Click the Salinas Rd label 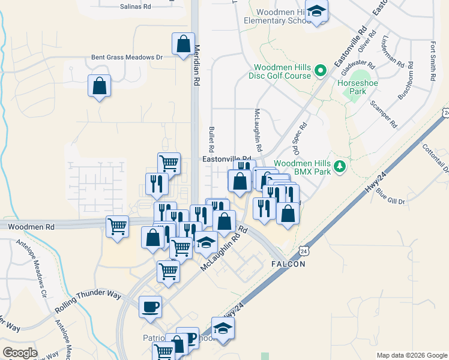(x=135, y=6)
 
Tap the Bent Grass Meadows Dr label (x=127, y=58)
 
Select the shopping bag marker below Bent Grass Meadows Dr (x=99, y=85)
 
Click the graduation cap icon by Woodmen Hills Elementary (x=316, y=11)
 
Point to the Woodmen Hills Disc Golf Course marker (x=321, y=71)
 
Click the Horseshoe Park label (x=353, y=87)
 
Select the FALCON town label (x=289, y=264)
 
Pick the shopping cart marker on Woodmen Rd (x=117, y=227)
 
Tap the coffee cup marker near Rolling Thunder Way (x=150, y=307)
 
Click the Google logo (x=20, y=353)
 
